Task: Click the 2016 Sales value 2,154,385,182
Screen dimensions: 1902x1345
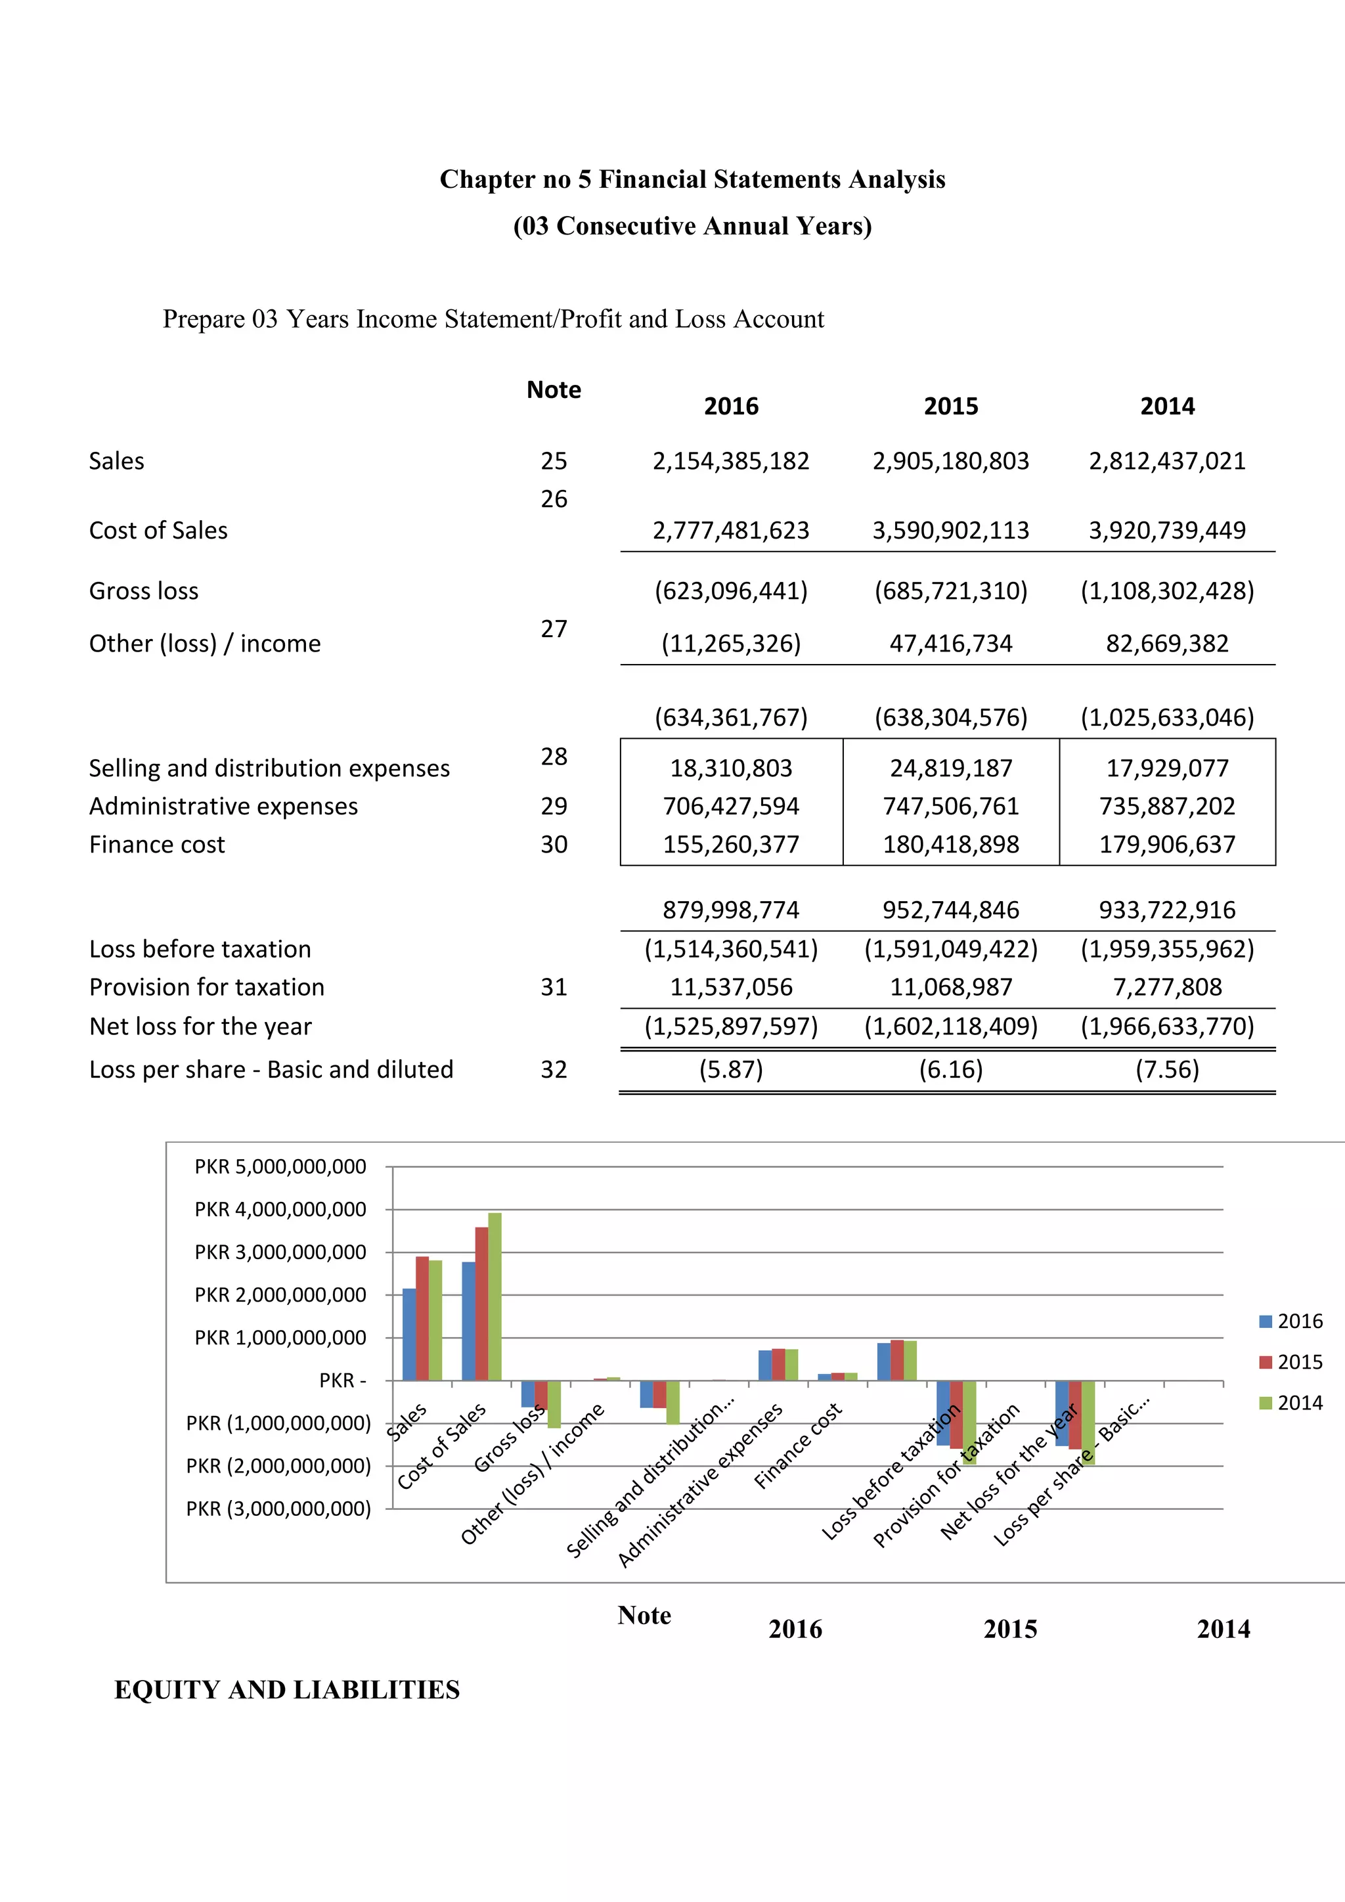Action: click(x=730, y=462)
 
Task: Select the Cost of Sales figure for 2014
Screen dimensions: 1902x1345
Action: click(x=1166, y=530)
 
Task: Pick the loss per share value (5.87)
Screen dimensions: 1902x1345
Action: click(x=730, y=1069)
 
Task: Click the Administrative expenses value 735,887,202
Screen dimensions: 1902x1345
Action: click(x=1166, y=806)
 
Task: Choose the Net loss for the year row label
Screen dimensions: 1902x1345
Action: click(x=200, y=1027)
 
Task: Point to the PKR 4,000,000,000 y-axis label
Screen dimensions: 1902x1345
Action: click(x=280, y=1210)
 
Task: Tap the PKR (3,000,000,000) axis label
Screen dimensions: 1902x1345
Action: click(x=278, y=1509)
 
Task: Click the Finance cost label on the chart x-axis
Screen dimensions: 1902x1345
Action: click(x=797, y=1446)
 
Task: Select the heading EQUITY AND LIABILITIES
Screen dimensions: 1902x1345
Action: click(x=286, y=1690)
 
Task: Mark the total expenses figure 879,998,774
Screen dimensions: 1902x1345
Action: click(x=730, y=910)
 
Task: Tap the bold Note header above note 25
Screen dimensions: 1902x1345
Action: click(x=553, y=390)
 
